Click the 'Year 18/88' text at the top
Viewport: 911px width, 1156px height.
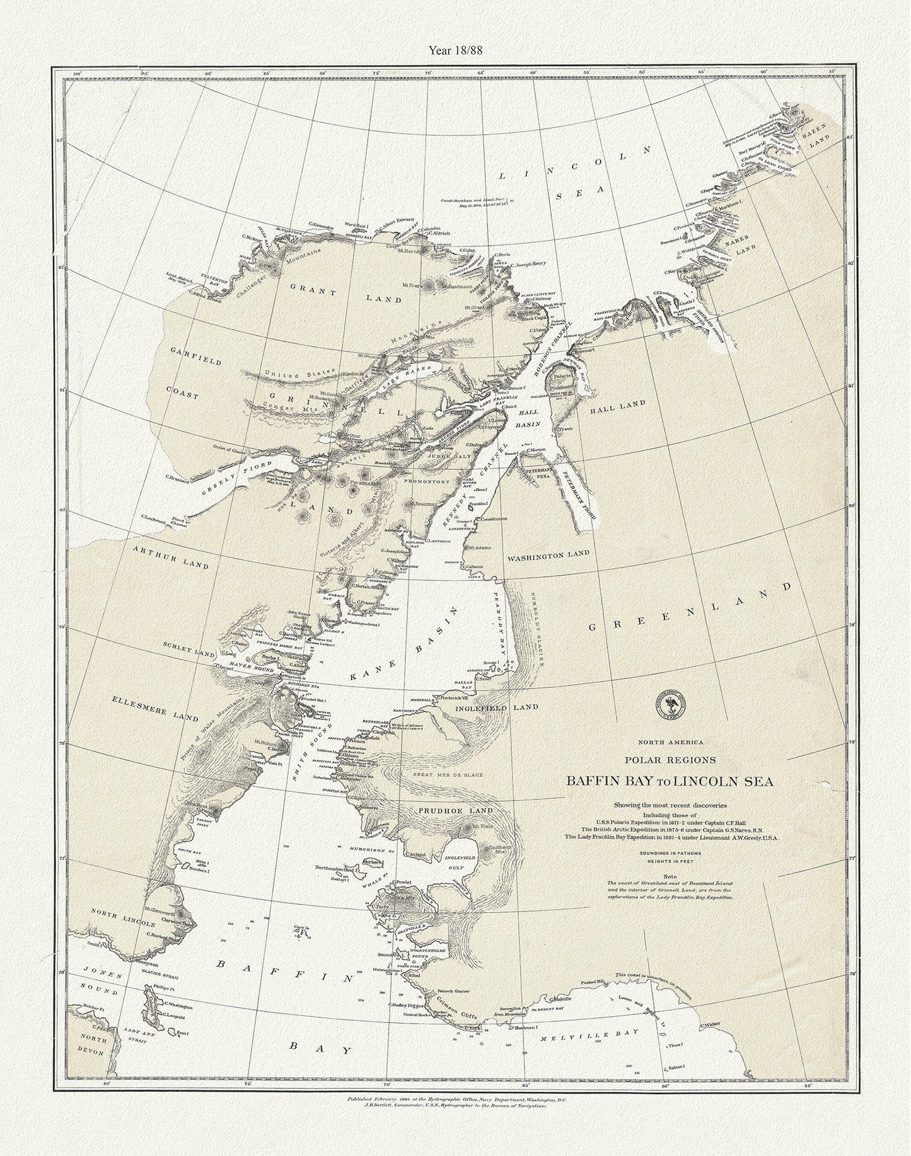point(455,51)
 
